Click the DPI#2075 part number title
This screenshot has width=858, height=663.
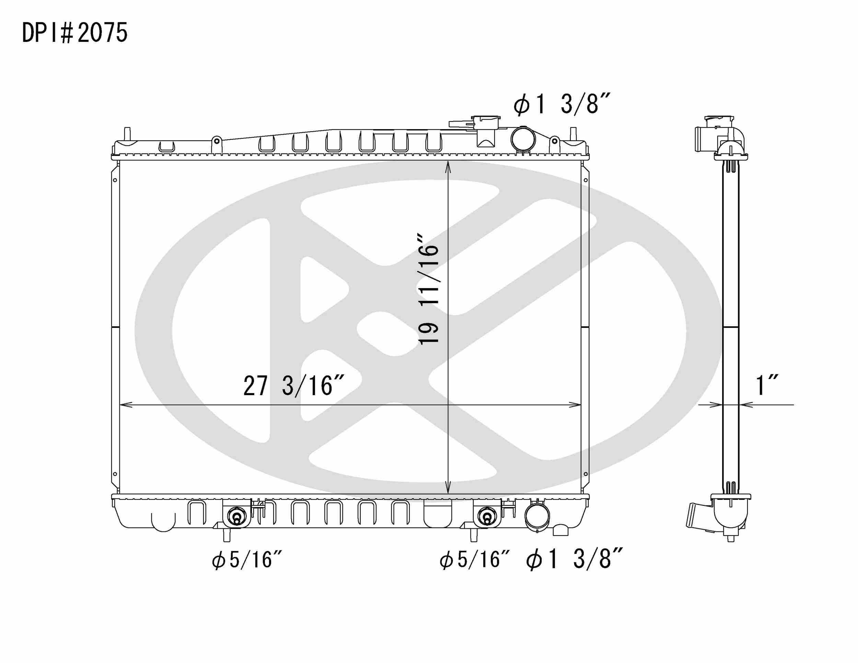(x=74, y=33)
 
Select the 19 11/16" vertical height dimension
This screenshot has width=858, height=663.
(x=428, y=290)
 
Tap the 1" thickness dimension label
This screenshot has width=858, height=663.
(x=767, y=386)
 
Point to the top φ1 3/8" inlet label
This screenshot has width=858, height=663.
(x=561, y=104)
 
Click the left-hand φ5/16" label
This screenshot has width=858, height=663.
(x=247, y=560)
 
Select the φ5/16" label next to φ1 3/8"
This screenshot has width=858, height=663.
(x=475, y=560)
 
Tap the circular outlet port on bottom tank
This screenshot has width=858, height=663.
(x=537, y=518)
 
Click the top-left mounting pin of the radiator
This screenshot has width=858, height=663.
(x=127, y=134)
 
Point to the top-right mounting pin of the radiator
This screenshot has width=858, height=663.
(x=573, y=134)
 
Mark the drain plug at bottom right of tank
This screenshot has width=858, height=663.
(x=560, y=530)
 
